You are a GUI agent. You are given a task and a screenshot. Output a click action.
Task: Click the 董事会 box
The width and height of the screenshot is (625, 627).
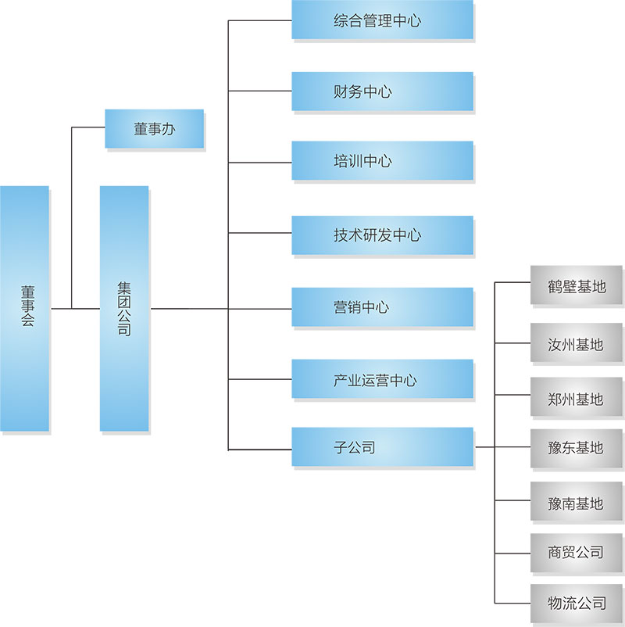[x=24, y=308]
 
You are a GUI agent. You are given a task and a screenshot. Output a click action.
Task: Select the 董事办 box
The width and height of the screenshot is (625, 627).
[x=154, y=129]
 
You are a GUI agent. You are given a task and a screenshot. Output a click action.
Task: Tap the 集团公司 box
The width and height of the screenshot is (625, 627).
[x=123, y=308]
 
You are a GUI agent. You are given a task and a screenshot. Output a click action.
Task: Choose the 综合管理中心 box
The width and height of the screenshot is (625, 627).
[x=382, y=20]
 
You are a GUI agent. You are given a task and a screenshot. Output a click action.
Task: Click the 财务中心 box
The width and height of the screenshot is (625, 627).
[x=382, y=91]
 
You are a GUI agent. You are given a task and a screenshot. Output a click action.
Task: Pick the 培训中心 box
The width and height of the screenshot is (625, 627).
[x=382, y=161]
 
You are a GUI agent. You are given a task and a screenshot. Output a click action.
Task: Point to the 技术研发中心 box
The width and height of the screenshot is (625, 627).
[x=382, y=235]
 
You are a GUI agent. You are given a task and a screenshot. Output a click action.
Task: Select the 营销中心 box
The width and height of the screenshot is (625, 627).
[x=382, y=306]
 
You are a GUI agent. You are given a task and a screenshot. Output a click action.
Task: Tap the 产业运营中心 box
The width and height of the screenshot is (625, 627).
[x=382, y=380]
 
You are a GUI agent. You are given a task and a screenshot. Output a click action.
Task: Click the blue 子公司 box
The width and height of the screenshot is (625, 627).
[x=382, y=447]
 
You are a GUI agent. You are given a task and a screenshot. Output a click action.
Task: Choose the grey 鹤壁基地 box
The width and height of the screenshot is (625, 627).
[x=577, y=285]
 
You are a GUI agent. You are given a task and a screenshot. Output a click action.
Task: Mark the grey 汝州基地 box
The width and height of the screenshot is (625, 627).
[x=577, y=344]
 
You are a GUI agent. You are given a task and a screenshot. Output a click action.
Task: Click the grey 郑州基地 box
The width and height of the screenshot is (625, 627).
[x=577, y=398]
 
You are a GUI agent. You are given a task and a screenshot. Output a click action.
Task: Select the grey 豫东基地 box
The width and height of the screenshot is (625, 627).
[x=577, y=448]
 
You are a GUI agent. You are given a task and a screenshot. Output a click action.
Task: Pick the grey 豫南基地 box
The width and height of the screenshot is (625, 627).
[x=577, y=503]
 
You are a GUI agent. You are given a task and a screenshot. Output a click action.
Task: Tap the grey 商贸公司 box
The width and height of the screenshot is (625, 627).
[x=577, y=553]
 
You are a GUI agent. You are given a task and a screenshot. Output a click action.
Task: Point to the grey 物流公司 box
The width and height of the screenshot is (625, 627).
[x=577, y=603]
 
